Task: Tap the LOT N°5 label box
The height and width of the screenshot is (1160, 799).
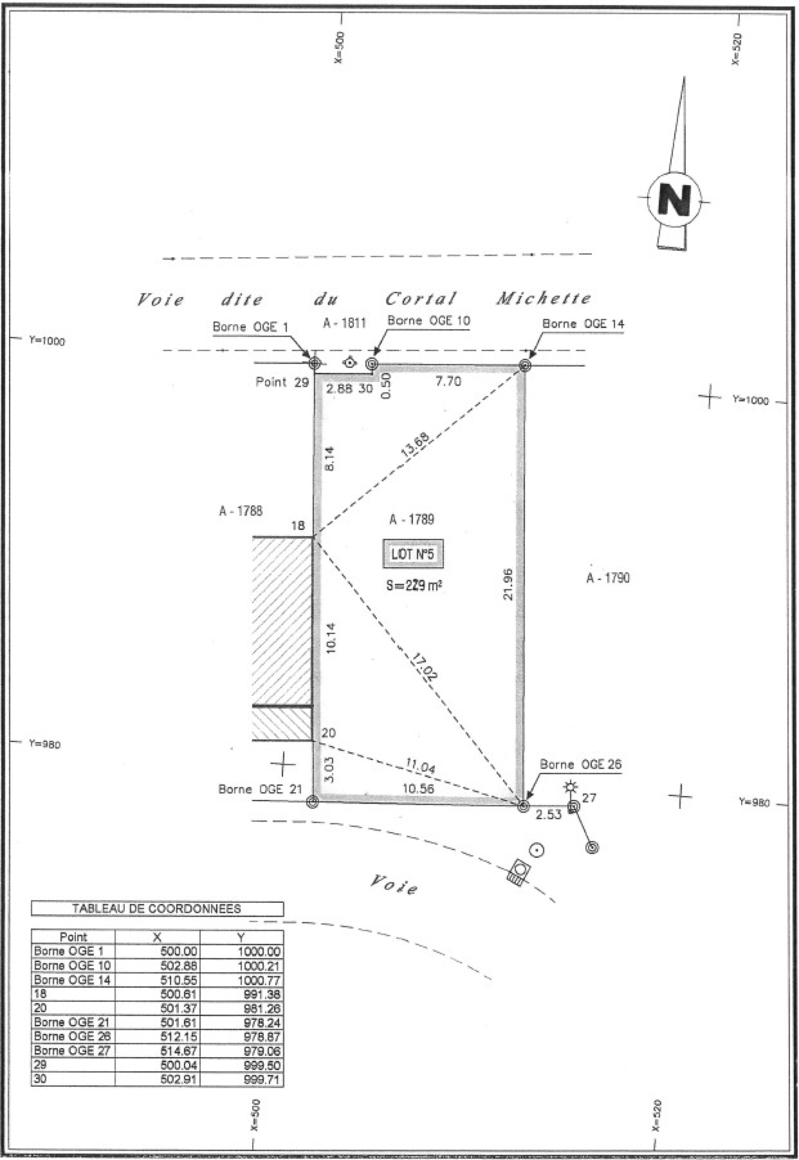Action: click(412, 554)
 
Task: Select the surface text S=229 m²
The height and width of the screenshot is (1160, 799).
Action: click(413, 585)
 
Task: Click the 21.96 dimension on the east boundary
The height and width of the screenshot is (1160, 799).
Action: click(508, 584)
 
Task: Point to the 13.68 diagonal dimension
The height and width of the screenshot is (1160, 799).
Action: click(415, 444)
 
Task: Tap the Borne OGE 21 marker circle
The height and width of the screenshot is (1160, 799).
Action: click(313, 802)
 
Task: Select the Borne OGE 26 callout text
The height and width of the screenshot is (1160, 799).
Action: click(580, 765)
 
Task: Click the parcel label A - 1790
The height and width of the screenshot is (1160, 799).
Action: click(608, 578)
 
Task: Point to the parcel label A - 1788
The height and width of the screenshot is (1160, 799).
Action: click(241, 511)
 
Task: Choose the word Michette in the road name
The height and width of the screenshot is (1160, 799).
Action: click(544, 299)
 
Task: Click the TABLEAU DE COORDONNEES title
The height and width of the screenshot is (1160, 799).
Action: click(157, 909)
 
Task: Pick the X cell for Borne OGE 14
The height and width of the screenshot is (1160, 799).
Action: click(178, 980)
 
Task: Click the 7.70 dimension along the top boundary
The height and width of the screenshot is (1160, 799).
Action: click(448, 382)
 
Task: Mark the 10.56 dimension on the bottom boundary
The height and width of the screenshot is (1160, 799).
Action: click(418, 788)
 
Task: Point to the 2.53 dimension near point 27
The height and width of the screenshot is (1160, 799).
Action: click(548, 814)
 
